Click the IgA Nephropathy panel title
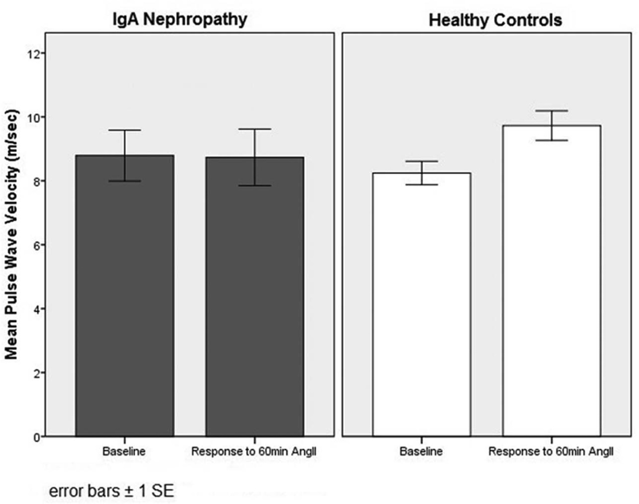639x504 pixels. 180,20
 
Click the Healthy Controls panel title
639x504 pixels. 495,20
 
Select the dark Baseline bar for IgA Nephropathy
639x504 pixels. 125,296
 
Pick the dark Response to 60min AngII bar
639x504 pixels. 255,297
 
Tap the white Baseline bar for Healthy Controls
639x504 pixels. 422,305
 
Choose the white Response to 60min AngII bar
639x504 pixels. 552,281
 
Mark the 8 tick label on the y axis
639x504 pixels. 38,182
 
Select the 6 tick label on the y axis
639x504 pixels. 38,245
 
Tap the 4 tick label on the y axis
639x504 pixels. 38,309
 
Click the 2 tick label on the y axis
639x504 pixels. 38,373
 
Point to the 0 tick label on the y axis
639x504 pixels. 38,437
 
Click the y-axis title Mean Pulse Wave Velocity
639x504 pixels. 12,234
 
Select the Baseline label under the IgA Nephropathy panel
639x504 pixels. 124,451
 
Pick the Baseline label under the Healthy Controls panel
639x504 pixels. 421,451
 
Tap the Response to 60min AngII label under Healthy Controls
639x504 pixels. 551,451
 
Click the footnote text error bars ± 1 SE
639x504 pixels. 111,491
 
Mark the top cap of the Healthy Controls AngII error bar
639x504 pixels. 552,111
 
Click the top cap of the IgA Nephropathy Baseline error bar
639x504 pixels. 125,130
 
